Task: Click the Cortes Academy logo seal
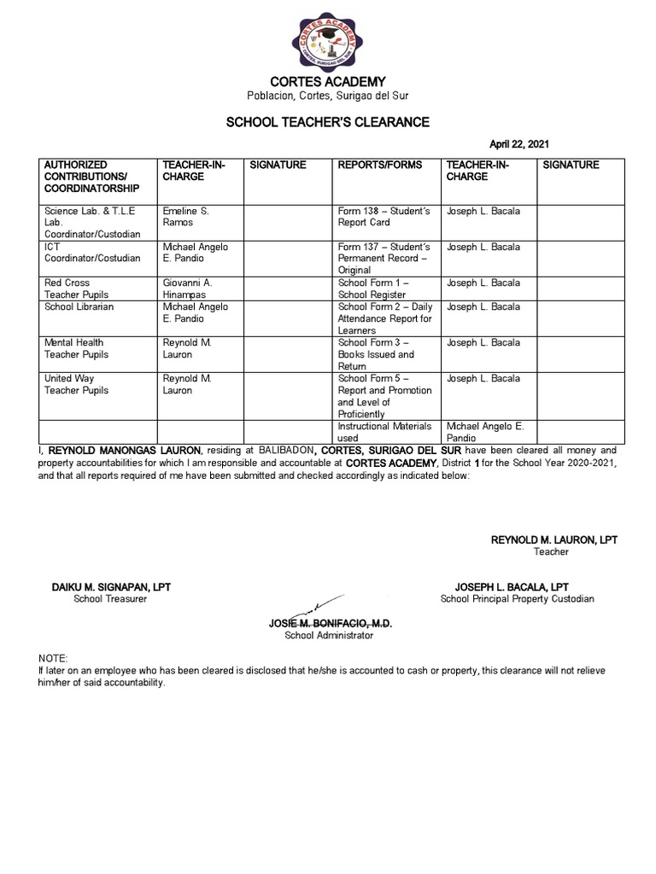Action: click(x=329, y=39)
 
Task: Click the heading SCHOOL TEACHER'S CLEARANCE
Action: click(x=327, y=122)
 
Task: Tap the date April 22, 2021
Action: click(x=524, y=144)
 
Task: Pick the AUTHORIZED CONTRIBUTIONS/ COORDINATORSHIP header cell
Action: click(x=93, y=176)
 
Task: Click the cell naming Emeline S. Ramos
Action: click(x=185, y=216)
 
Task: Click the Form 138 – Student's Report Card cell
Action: click(x=375, y=216)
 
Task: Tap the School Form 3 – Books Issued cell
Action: click(x=376, y=353)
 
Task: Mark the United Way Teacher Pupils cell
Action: click(x=77, y=384)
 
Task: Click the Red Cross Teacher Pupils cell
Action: click(x=77, y=288)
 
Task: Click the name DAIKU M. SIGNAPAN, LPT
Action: click(x=111, y=587)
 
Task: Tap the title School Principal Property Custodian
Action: click(x=517, y=599)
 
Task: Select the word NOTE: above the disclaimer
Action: click(x=52, y=659)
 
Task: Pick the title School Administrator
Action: click(x=329, y=636)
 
